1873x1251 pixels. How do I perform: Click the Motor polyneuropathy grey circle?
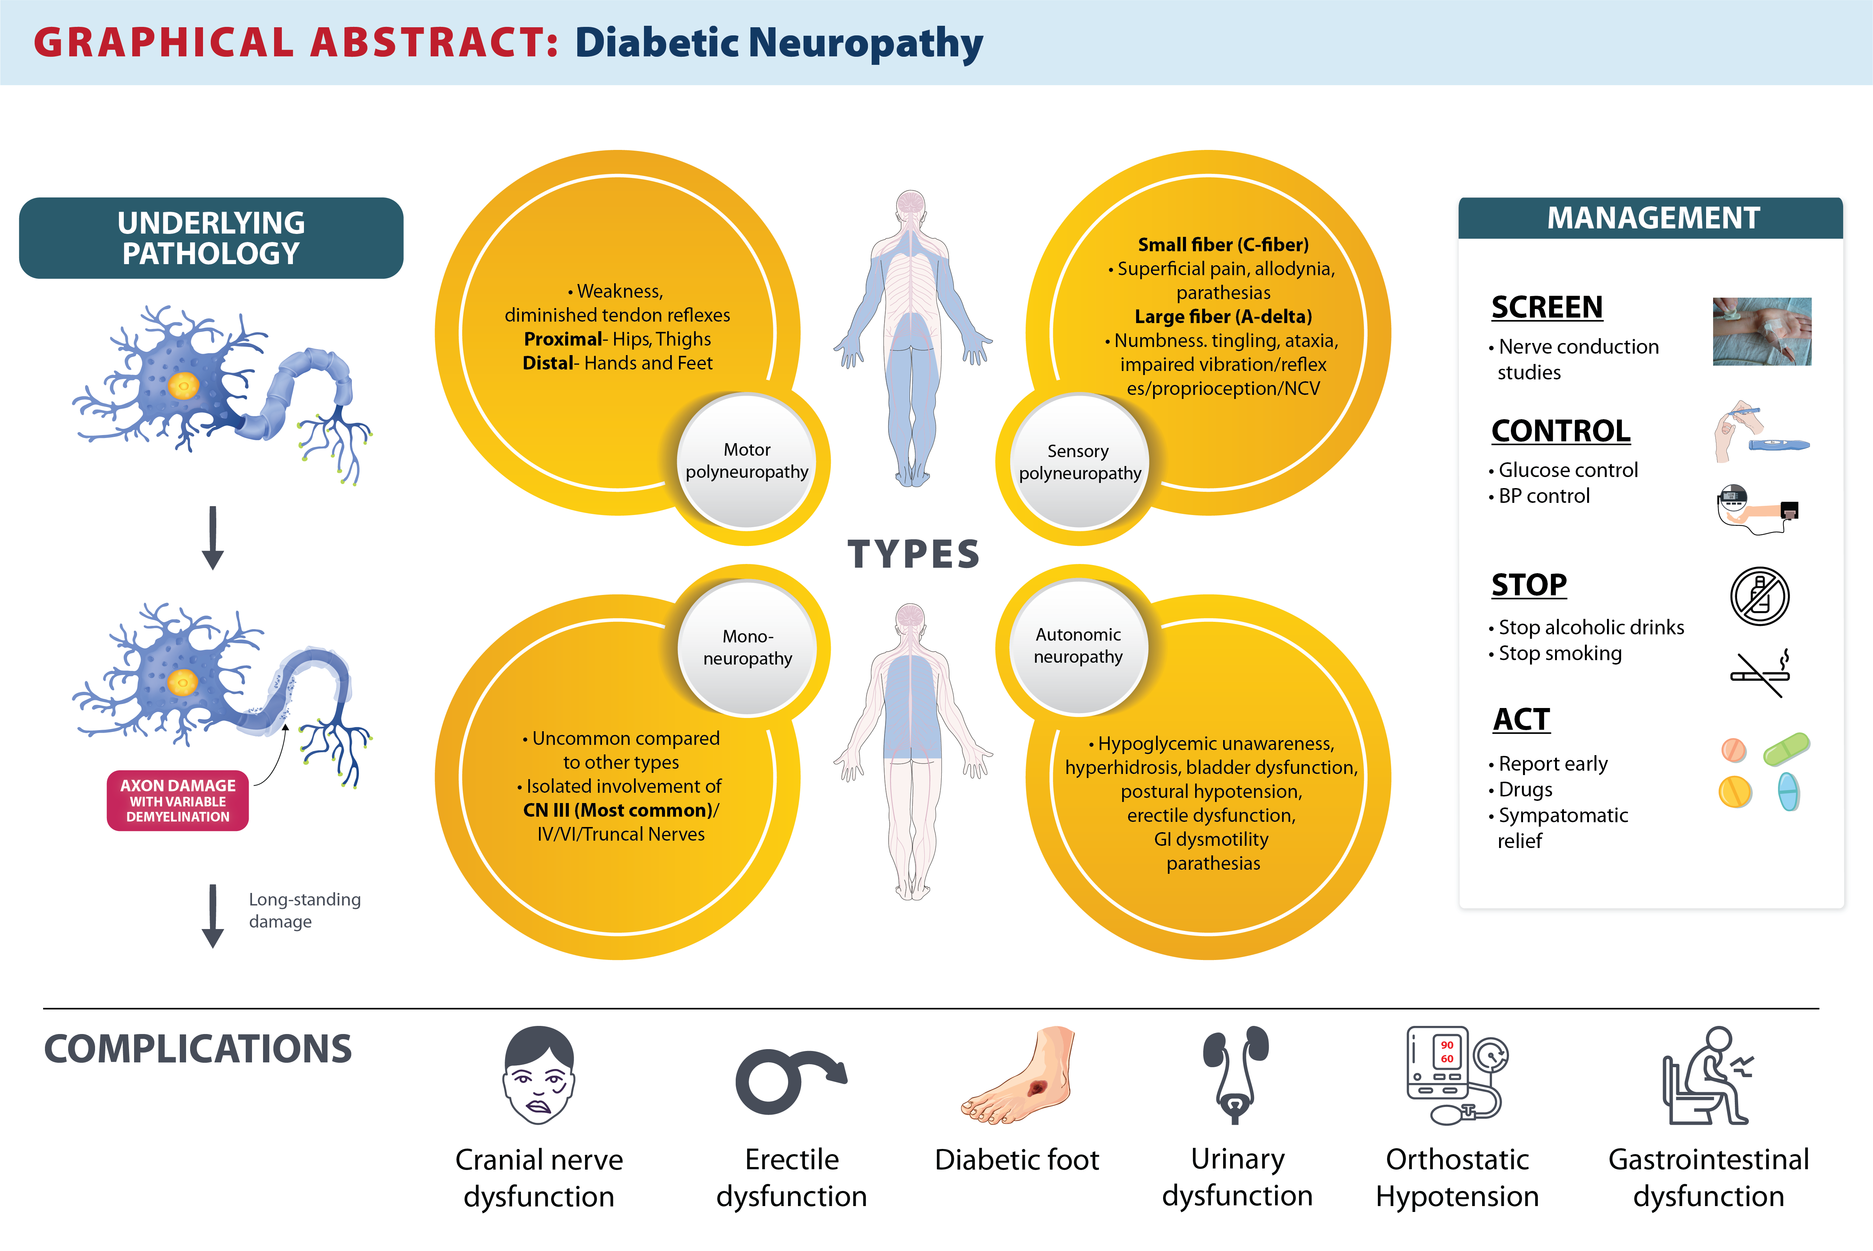point(747,461)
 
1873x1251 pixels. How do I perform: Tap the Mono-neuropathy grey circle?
point(747,647)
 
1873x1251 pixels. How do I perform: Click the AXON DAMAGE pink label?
point(178,800)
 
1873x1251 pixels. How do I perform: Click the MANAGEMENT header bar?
point(1651,218)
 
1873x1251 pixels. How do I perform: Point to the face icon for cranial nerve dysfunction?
point(539,1075)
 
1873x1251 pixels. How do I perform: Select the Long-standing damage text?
point(304,910)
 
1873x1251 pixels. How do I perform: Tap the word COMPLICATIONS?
point(198,1049)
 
